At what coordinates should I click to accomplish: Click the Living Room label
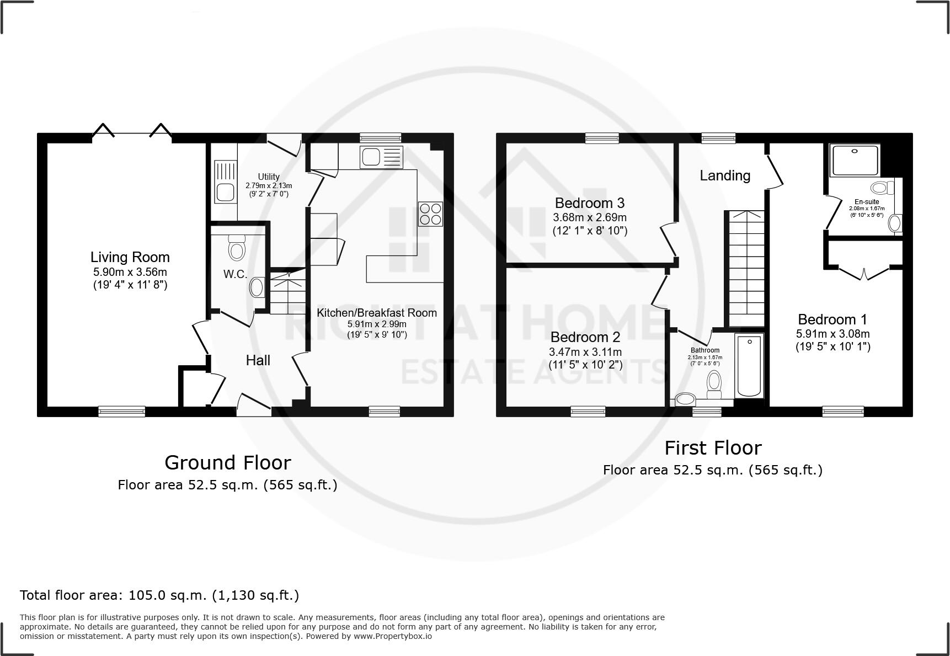click(x=130, y=257)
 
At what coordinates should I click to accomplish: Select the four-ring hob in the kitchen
click(x=430, y=214)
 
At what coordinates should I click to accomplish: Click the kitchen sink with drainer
click(x=381, y=157)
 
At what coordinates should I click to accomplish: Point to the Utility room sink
click(x=225, y=183)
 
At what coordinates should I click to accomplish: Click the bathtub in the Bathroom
click(x=749, y=366)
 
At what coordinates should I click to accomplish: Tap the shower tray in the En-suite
click(x=855, y=161)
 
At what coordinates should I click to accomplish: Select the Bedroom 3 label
click(x=590, y=203)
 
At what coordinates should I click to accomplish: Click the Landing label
click(x=725, y=175)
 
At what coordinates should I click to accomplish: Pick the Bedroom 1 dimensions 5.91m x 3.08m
click(x=832, y=333)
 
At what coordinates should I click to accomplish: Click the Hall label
click(x=258, y=360)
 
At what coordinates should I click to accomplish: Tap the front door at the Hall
click(x=253, y=405)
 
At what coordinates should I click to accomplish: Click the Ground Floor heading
click(x=227, y=462)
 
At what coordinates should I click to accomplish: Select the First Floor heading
click(x=713, y=447)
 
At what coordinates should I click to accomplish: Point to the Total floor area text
click(x=159, y=595)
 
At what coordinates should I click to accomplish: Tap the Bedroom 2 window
click(x=588, y=411)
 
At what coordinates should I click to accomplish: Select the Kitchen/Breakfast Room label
click(x=376, y=313)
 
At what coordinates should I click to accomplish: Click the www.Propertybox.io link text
click(x=392, y=636)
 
